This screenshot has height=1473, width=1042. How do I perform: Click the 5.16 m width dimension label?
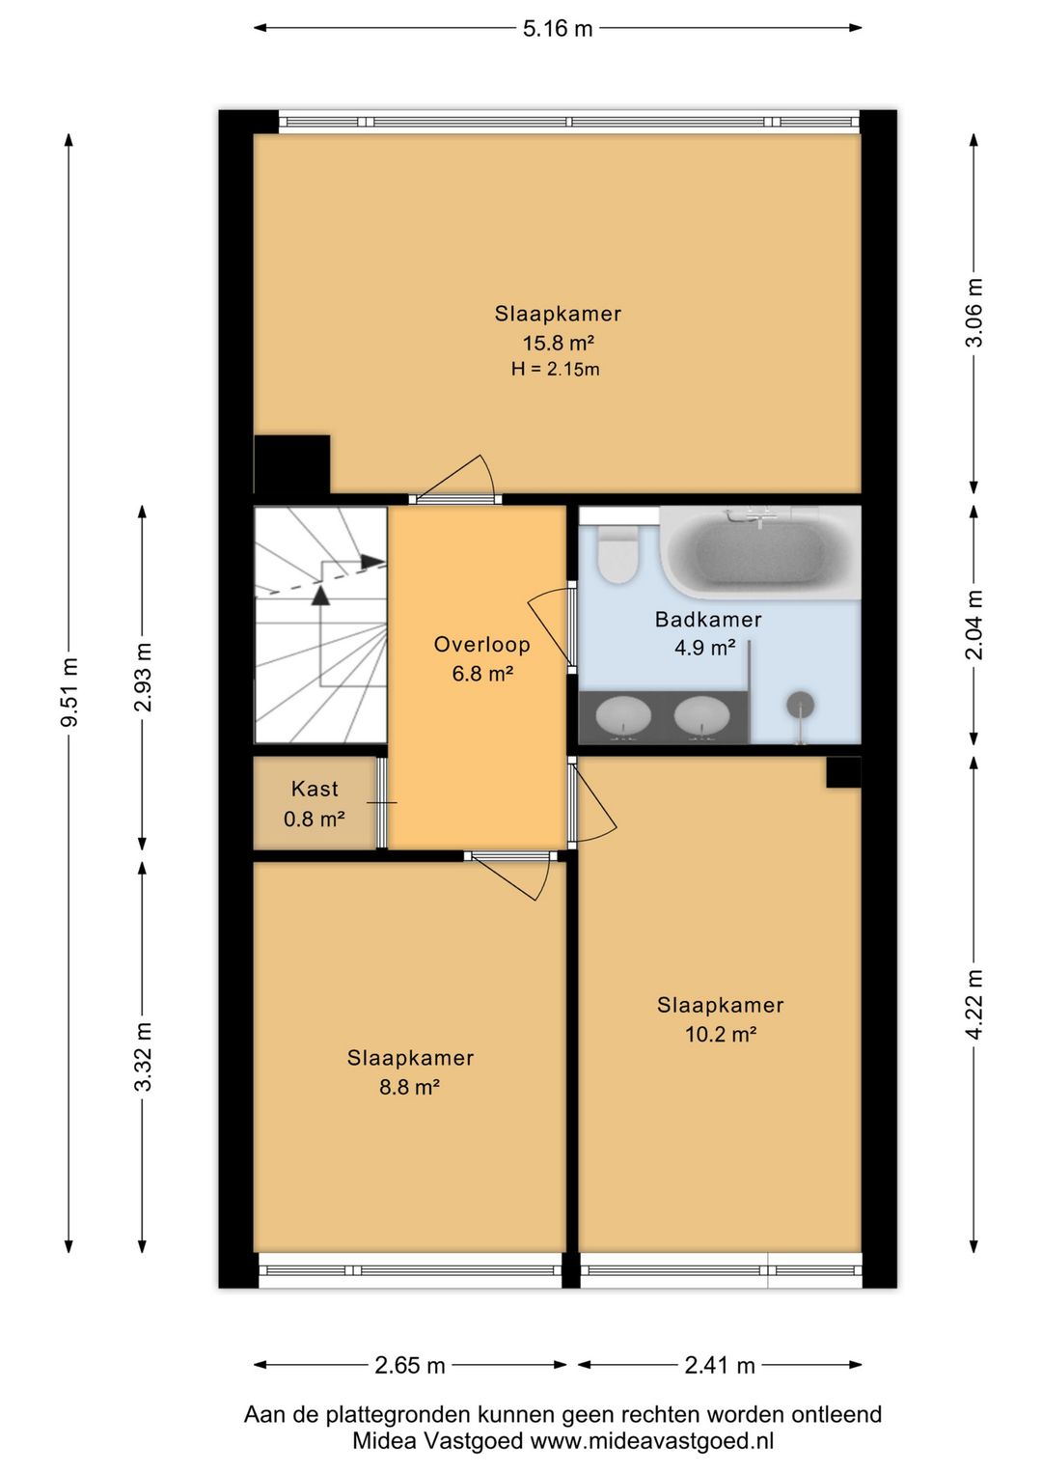pyautogui.click(x=558, y=29)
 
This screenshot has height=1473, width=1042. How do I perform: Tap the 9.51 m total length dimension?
pyautogui.click(x=69, y=691)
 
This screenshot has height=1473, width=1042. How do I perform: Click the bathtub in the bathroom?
pyautogui.click(x=760, y=552)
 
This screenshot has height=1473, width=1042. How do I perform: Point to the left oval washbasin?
pyautogui.click(x=622, y=715)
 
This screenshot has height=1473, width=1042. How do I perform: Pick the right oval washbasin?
pyautogui.click(x=701, y=715)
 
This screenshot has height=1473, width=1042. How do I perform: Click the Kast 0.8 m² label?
pyautogui.click(x=315, y=803)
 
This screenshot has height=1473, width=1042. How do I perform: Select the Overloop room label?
pyautogui.click(x=481, y=645)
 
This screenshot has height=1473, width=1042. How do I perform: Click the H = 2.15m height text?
pyautogui.click(x=556, y=370)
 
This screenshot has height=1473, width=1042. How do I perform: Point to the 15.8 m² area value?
pyautogui.click(x=559, y=344)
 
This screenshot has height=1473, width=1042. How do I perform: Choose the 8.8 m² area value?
pyautogui.click(x=409, y=1087)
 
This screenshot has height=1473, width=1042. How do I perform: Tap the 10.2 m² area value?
pyautogui.click(x=721, y=1035)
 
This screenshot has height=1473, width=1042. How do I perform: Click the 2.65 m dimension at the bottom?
pyautogui.click(x=410, y=1366)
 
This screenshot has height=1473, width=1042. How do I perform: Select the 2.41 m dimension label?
pyautogui.click(x=719, y=1366)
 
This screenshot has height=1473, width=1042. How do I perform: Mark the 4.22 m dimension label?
pyautogui.click(x=974, y=1004)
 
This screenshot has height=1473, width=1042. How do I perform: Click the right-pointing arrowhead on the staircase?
pyautogui.click(x=372, y=562)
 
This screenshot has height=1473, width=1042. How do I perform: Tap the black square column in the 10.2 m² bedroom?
pyautogui.click(x=843, y=771)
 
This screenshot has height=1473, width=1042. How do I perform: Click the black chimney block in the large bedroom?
pyautogui.click(x=292, y=464)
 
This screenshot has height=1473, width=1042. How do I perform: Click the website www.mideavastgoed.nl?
pyautogui.click(x=651, y=1441)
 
